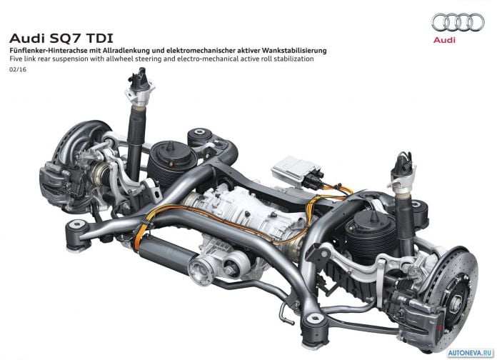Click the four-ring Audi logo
point(458,22)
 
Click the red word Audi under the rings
point(444,40)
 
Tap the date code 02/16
point(18,69)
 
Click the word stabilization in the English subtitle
point(294,59)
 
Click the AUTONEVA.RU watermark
point(471,353)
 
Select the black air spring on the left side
point(172,164)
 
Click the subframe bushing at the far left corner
point(76,234)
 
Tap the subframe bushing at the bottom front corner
point(314,330)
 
